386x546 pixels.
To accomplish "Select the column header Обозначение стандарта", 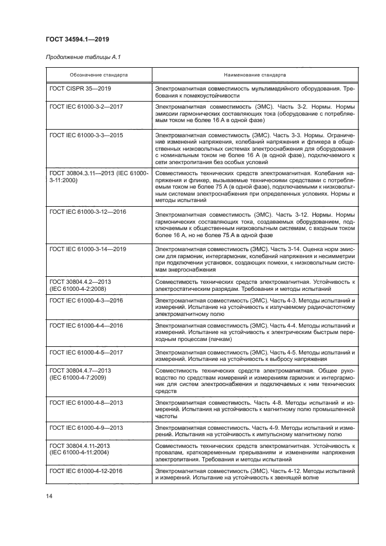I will click(99, 75).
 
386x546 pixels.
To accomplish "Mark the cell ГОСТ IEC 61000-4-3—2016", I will click(86, 300).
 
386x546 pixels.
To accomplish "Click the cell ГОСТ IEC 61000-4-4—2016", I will click(86, 325).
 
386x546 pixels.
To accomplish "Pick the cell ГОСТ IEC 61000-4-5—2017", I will click(86, 353).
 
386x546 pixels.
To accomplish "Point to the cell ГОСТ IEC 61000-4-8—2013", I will click(86, 402).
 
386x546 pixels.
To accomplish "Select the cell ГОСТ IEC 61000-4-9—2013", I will click(86, 427).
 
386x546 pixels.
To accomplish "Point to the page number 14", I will click(50, 496).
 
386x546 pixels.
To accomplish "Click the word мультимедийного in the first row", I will click(266, 88).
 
